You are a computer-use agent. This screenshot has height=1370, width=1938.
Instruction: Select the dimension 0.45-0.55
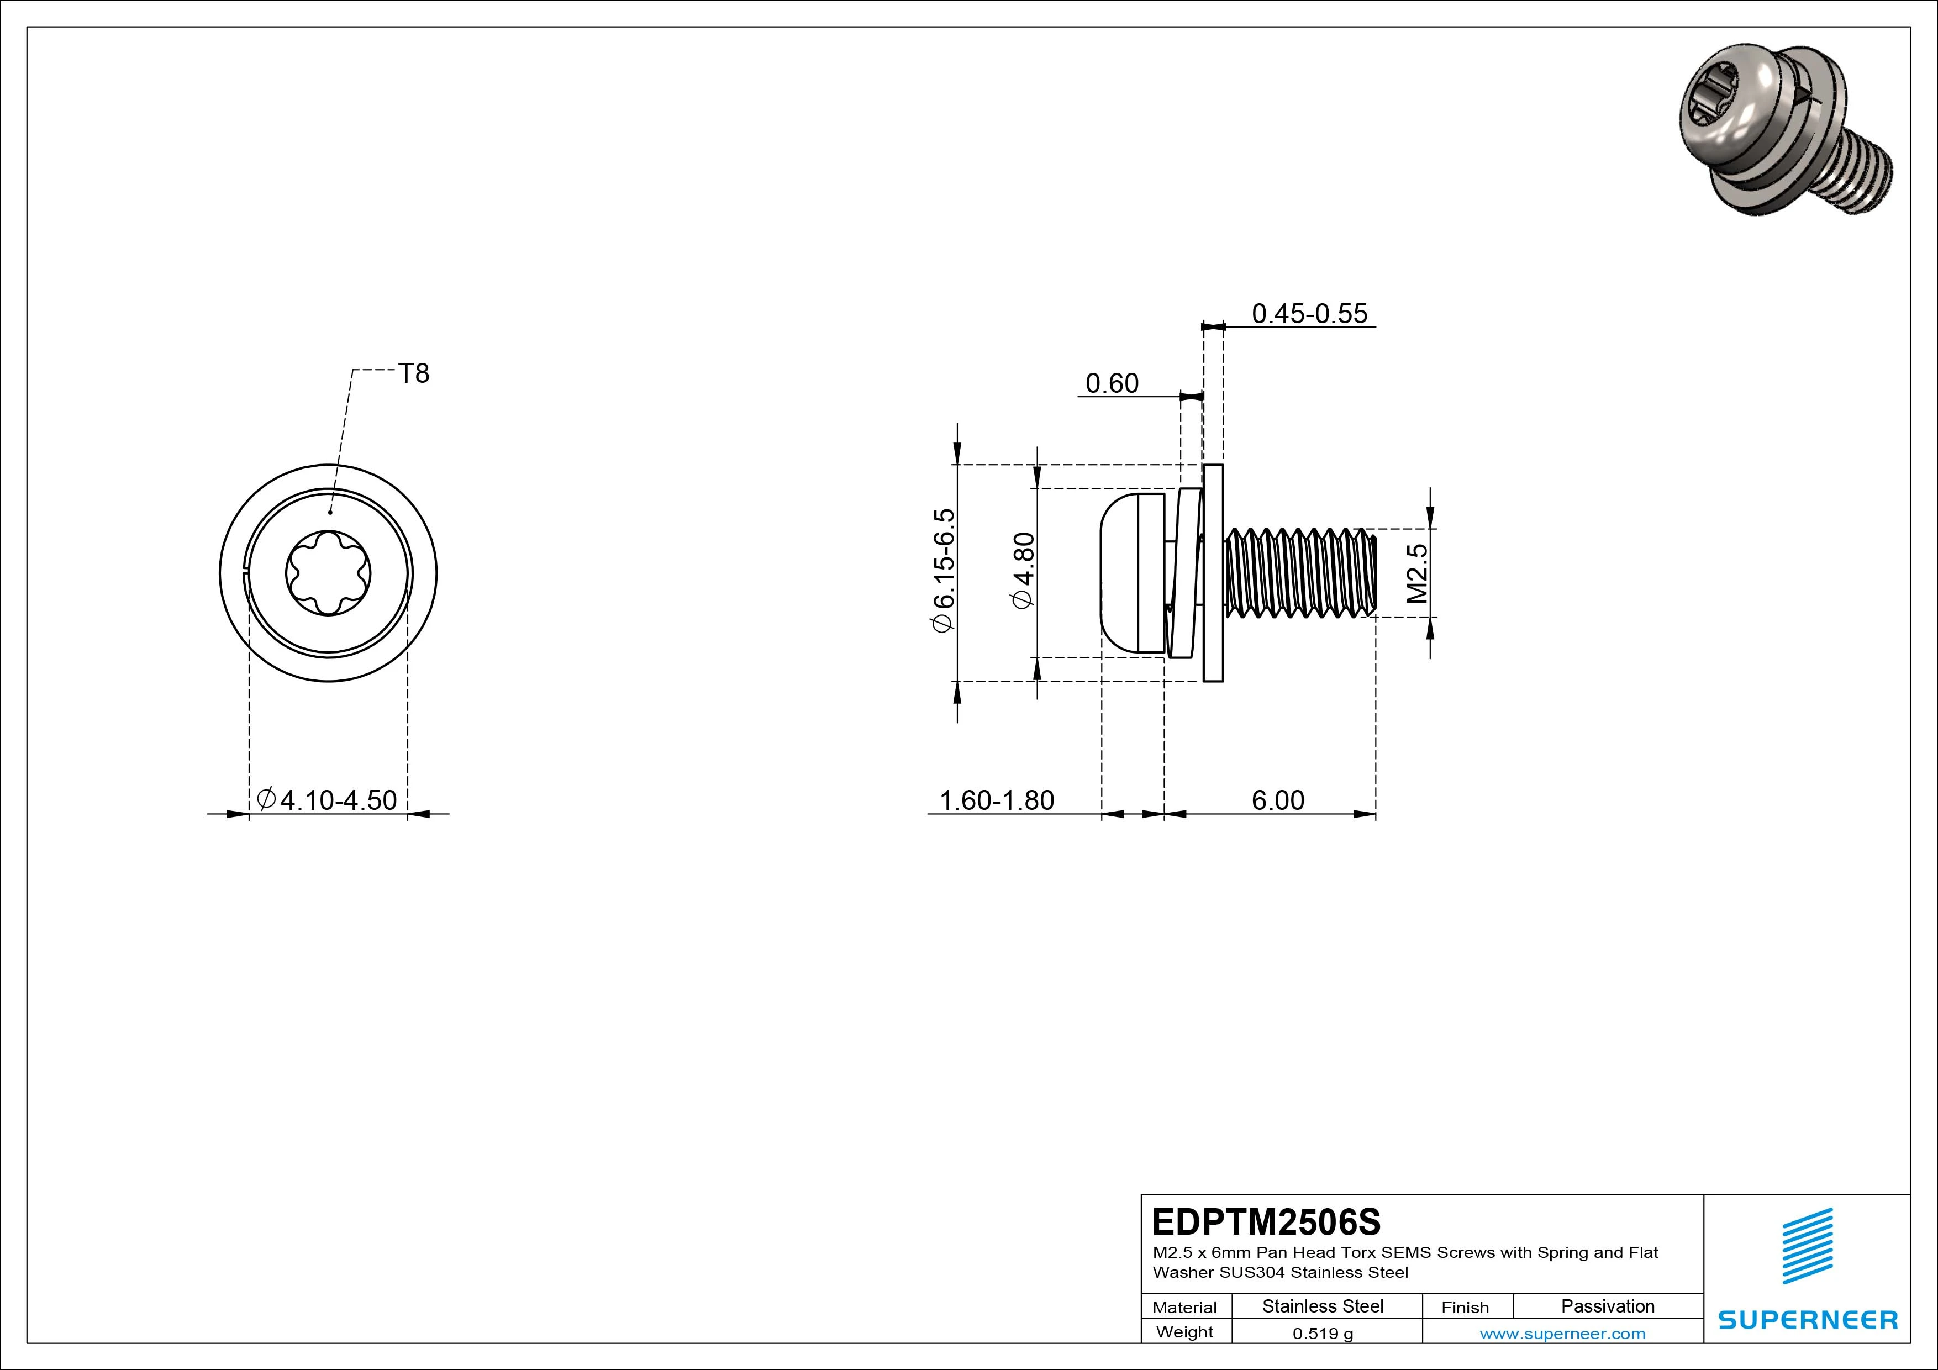coord(1309,313)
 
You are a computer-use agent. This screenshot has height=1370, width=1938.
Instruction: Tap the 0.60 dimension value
coord(1112,383)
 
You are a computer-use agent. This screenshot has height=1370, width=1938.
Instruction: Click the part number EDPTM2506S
coord(1266,1221)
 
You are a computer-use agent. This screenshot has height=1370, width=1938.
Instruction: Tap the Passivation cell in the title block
coord(1607,1306)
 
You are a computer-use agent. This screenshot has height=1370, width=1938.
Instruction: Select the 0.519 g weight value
coord(1323,1334)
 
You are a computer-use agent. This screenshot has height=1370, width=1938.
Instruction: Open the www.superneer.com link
coord(1562,1334)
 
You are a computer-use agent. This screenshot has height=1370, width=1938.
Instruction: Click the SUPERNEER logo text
coord(1808,1319)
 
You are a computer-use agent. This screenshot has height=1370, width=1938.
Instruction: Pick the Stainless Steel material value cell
coord(1323,1306)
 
